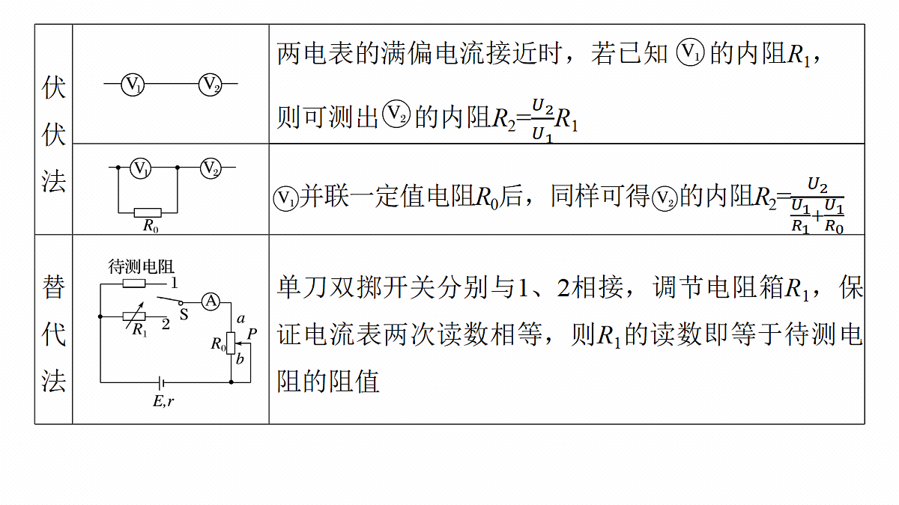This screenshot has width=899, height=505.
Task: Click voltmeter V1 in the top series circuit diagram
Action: [x=133, y=84]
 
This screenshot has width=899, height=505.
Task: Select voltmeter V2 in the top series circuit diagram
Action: [x=211, y=84]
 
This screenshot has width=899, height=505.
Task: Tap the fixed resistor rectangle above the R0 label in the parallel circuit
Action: [x=148, y=212]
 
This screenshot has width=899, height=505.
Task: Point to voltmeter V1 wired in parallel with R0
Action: [x=141, y=168]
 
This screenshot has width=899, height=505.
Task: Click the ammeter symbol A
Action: [x=211, y=302]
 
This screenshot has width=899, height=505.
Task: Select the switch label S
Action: [x=184, y=315]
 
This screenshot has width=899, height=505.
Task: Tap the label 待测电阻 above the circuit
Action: [x=141, y=267]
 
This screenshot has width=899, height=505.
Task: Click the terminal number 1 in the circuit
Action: [x=174, y=284]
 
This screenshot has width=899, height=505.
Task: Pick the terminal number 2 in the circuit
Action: [x=166, y=324]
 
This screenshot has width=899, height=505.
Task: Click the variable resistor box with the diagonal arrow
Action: [x=134, y=316]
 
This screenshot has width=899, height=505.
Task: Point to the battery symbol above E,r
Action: [x=161, y=383]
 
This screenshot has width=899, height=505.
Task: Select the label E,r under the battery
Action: [x=163, y=401]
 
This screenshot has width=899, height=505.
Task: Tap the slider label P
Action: [x=252, y=334]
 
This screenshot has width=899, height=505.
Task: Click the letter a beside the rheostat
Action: [x=240, y=319]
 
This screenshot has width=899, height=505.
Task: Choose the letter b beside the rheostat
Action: [x=240, y=358]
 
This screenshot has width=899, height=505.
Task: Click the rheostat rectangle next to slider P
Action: [x=231, y=343]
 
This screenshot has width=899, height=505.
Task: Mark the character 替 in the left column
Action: [x=53, y=287]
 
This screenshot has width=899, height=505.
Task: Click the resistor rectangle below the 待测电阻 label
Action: [x=134, y=284]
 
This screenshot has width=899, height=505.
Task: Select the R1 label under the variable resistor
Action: [x=139, y=330]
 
